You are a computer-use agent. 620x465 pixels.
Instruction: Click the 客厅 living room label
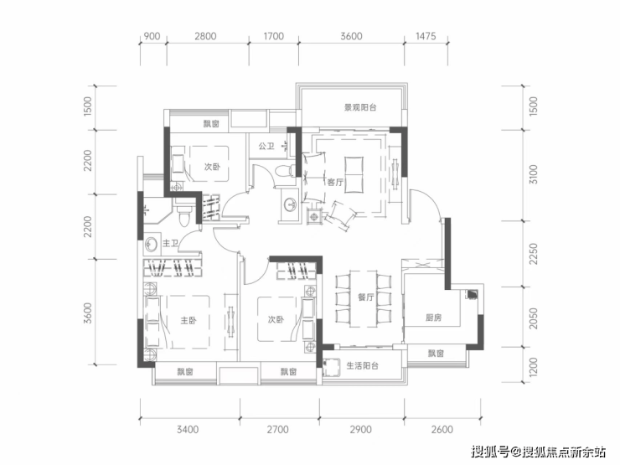[335, 183]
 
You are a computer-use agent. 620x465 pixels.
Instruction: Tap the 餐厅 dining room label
[366, 297]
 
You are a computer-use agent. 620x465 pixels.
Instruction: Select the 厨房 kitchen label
[433, 318]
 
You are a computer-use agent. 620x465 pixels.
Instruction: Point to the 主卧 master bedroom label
[189, 320]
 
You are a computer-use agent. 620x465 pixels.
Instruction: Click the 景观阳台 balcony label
[360, 107]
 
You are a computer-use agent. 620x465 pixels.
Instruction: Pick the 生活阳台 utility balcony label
[363, 366]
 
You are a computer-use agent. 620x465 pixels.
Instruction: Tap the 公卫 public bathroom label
[266, 147]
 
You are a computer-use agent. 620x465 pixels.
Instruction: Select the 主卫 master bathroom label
[170, 244]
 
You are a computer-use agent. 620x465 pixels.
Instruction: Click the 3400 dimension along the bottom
[188, 430]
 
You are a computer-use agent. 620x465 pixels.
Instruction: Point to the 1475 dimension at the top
[426, 36]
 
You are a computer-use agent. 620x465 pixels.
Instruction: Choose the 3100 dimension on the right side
[534, 174]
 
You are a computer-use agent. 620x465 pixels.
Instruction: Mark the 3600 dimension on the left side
[88, 313]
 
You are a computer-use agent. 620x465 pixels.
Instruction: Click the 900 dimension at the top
[152, 36]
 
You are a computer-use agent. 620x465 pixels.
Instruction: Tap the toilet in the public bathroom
[284, 171]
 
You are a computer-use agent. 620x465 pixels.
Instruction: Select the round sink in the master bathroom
[152, 244]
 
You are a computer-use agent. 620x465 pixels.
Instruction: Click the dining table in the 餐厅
[364, 299]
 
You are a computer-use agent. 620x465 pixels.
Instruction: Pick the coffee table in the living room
[354, 175]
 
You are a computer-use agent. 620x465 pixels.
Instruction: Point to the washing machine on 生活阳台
[331, 367]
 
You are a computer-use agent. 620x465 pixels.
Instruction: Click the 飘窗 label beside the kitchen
[436, 353]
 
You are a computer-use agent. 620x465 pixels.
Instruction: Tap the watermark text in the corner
[539, 451]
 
